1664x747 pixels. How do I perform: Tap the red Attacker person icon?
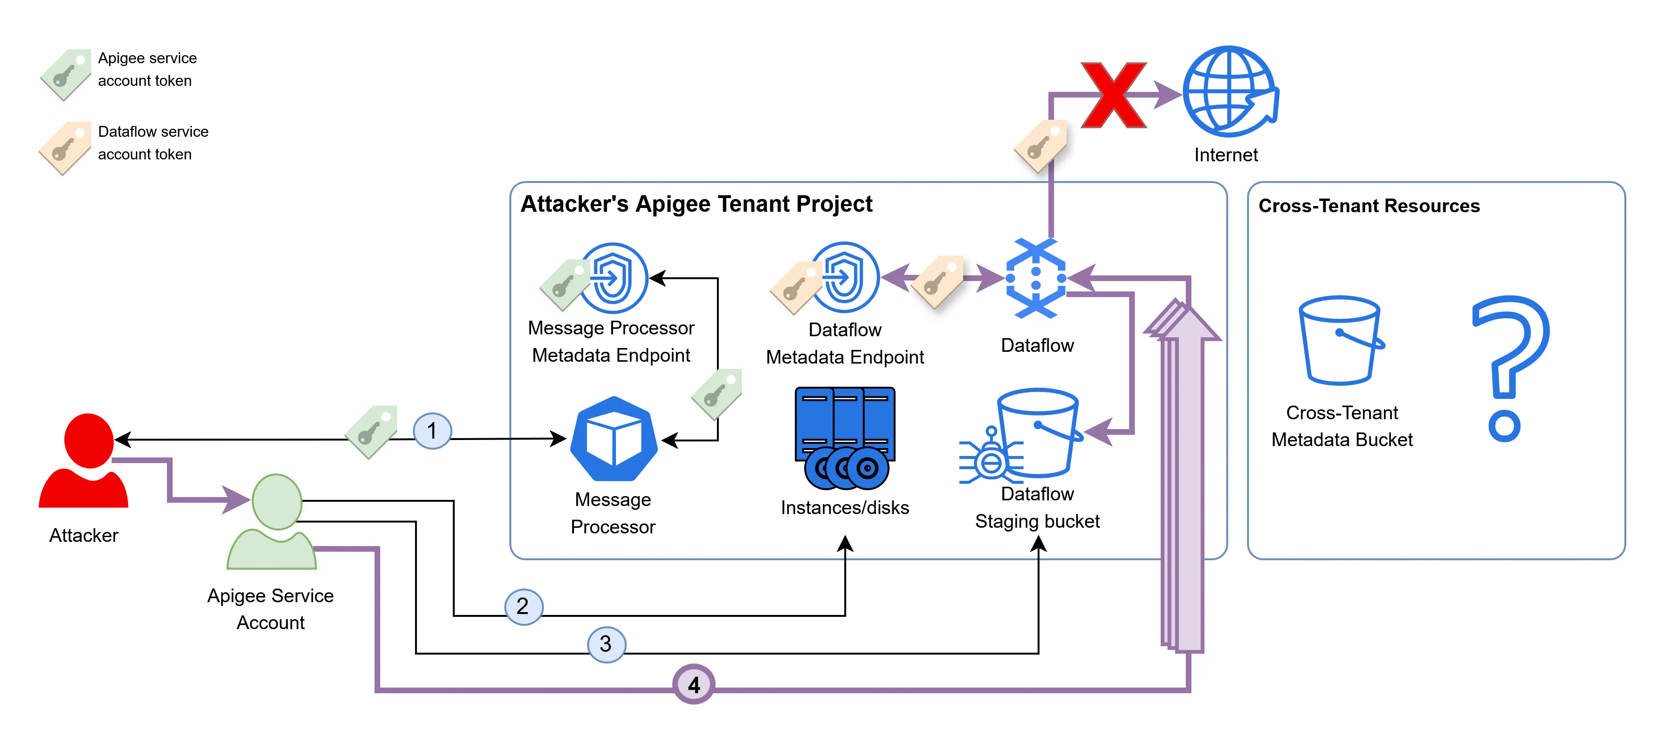(85, 461)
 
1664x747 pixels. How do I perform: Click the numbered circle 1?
(432, 431)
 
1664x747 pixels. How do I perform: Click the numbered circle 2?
(523, 606)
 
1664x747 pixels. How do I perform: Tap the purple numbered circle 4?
(693, 684)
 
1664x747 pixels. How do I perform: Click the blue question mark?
(1510, 368)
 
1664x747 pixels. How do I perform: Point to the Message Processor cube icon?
(614, 439)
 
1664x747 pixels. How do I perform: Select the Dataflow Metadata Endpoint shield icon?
(845, 278)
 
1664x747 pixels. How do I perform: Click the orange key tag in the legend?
(65, 148)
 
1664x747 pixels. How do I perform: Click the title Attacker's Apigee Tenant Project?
(696, 204)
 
